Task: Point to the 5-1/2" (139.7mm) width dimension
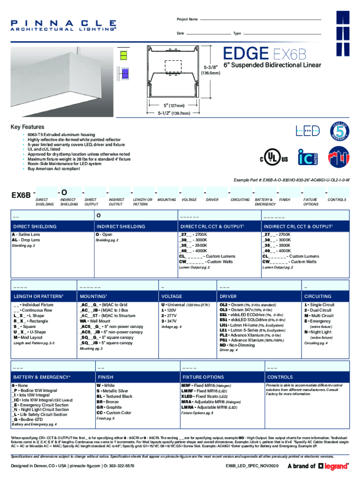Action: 173,113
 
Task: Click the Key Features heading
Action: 28,127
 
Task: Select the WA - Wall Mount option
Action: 96,322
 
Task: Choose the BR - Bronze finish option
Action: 107,402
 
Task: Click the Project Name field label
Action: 187,20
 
